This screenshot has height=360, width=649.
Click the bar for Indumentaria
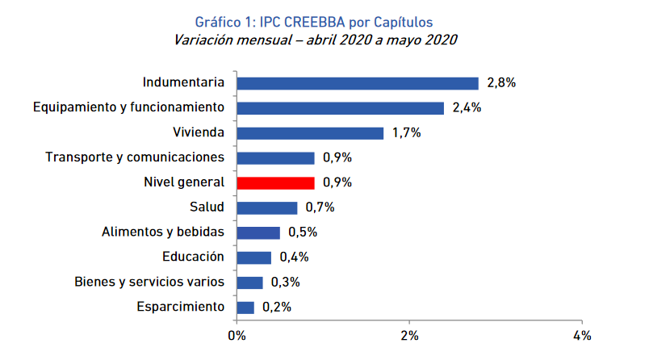(x=358, y=83)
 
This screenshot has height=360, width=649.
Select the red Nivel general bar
(x=275, y=182)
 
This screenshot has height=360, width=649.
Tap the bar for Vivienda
(x=310, y=133)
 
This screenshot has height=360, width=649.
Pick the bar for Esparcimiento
(x=245, y=307)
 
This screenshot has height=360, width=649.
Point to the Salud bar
(x=267, y=207)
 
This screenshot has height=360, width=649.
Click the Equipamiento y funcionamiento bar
(x=340, y=108)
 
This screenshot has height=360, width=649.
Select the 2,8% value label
(x=501, y=83)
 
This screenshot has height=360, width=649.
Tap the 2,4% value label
(x=467, y=108)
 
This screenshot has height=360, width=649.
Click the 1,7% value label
(x=407, y=133)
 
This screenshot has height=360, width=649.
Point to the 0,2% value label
(x=276, y=307)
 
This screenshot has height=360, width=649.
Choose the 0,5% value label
(x=302, y=232)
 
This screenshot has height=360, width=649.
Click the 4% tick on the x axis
(x=582, y=335)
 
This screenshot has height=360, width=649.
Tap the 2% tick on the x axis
(x=409, y=335)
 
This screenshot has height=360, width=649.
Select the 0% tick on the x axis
(x=237, y=335)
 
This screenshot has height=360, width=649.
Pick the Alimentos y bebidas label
(x=162, y=232)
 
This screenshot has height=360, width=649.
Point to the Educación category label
(x=192, y=257)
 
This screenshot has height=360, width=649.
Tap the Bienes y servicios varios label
(x=148, y=283)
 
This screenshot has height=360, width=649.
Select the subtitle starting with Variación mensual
(x=322, y=40)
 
